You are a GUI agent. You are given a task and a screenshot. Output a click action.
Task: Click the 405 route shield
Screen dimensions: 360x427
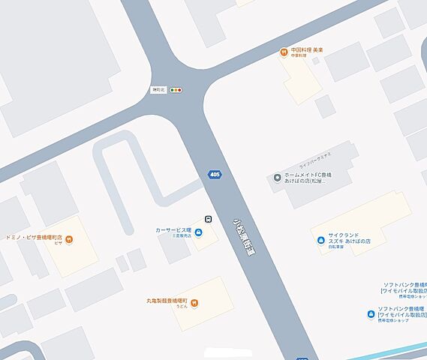[x=215, y=175]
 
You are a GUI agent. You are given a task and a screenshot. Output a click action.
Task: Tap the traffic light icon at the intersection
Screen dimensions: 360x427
[x=176, y=90]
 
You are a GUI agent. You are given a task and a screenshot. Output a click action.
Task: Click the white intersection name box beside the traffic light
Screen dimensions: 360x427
[x=159, y=90]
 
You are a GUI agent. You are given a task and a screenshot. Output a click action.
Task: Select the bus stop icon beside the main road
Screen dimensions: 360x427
[x=208, y=219]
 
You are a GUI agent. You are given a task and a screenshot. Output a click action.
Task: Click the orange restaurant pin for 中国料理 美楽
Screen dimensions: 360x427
[x=283, y=52]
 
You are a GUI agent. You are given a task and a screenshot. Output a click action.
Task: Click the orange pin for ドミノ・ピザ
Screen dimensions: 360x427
[x=69, y=239]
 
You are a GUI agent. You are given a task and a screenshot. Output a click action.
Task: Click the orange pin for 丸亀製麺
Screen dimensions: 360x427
[x=194, y=302]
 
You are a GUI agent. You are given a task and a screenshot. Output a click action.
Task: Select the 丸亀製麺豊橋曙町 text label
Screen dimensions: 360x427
[x=167, y=300]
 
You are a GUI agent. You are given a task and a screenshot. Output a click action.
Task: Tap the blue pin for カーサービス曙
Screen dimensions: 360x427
[x=198, y=232]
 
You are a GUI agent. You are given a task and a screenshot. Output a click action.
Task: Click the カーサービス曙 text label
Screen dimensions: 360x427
[x=173, y=229]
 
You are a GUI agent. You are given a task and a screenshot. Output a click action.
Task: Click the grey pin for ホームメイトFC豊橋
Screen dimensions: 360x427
[x=277, y=178]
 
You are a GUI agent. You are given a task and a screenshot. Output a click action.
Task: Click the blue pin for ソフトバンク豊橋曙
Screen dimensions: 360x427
[x=370, y=313]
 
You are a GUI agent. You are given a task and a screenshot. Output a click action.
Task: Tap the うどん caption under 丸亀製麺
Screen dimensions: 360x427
[x=181, y=308]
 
